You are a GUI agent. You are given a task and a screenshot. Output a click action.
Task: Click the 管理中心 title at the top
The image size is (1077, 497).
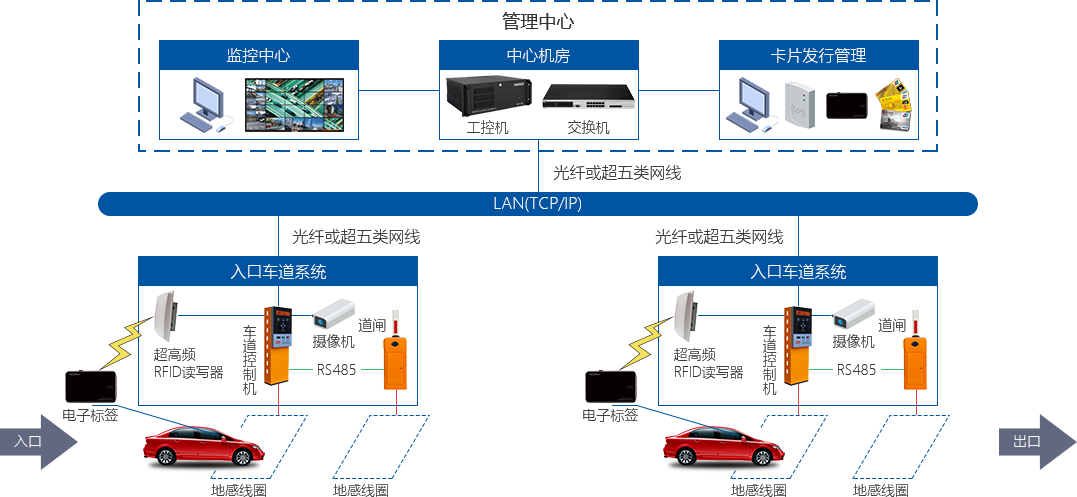[x=537, y=21]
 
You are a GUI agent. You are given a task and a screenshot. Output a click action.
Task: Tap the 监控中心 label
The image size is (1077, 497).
[x=258, y=56]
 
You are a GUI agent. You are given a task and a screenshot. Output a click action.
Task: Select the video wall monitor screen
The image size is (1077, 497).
[x=296, y=105]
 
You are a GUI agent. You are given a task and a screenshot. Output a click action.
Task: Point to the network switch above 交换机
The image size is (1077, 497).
[x=588, y=97]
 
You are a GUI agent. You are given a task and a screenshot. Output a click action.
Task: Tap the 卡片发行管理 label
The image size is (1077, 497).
[x=818, y=56]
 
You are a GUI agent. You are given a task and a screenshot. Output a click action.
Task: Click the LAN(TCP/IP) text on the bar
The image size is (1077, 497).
[x=537, y=204]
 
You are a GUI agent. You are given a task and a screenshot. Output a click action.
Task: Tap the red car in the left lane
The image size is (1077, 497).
[x=204, y=446]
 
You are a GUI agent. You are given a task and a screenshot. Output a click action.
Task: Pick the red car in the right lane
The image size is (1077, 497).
[x=724, y=446]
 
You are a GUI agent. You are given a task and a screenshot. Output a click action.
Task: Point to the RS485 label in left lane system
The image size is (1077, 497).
[x=336, y=370]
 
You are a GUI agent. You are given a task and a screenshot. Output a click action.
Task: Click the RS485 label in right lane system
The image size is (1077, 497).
[x=856, y=370]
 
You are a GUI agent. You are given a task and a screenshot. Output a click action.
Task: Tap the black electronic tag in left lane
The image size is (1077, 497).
[x=91, y=386]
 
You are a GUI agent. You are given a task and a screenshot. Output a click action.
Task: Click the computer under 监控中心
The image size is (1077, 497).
[x=206, y=104]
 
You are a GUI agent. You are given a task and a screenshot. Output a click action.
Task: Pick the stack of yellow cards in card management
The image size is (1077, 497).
[x=895, y=103]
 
